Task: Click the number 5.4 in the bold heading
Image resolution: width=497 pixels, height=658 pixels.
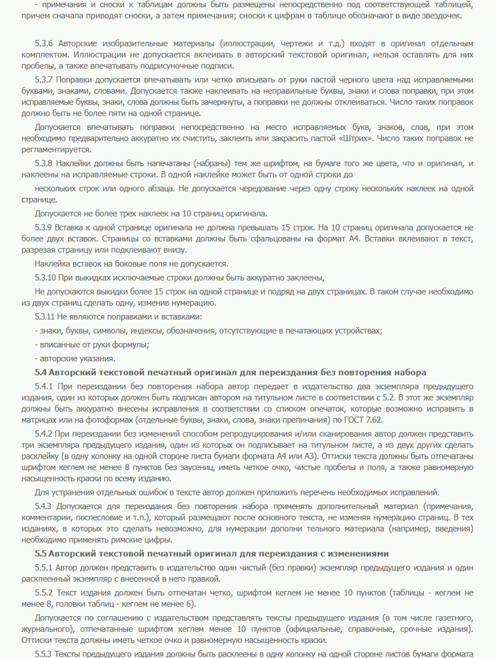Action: point(41,372)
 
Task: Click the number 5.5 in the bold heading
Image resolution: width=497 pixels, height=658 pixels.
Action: point(41,553)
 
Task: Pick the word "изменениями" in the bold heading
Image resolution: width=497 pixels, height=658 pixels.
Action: point(354,553)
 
